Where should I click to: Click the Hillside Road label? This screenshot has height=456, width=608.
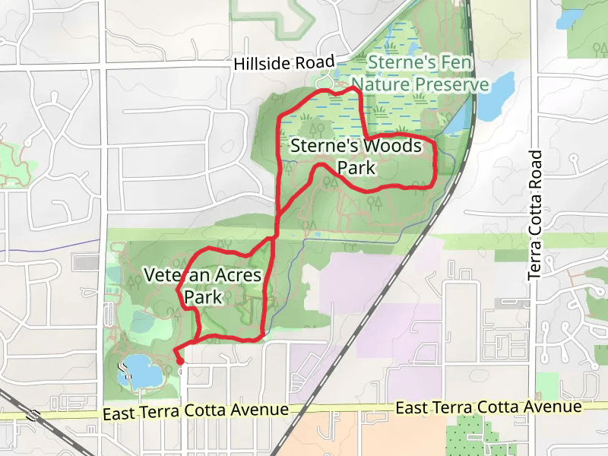pos(284,63)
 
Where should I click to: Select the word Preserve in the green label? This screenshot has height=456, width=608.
pos(451,84)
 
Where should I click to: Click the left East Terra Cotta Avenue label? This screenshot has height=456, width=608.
pos(195,410)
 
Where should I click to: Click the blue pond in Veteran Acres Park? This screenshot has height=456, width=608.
pos(141,370)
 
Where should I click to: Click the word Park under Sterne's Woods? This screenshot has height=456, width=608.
pos(356,167)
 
